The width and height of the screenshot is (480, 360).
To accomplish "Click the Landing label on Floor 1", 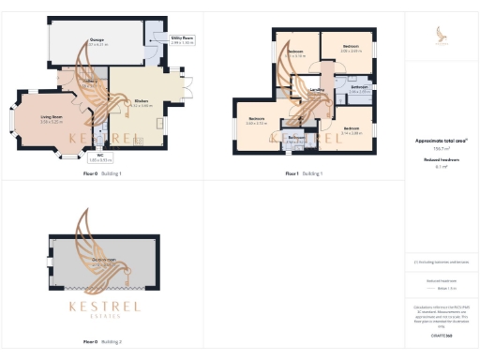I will point(318,90).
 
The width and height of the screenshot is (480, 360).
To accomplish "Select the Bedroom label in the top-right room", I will point(352,49).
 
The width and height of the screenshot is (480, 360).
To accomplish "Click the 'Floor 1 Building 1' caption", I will point(304,173).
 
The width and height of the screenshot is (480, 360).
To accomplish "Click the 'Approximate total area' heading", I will point(441,140).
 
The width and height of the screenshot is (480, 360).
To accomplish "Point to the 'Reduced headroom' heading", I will point(441,160).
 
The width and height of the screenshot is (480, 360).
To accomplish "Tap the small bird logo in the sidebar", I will point(442,35).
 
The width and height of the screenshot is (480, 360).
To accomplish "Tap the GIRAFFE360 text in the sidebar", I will point(442,335).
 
